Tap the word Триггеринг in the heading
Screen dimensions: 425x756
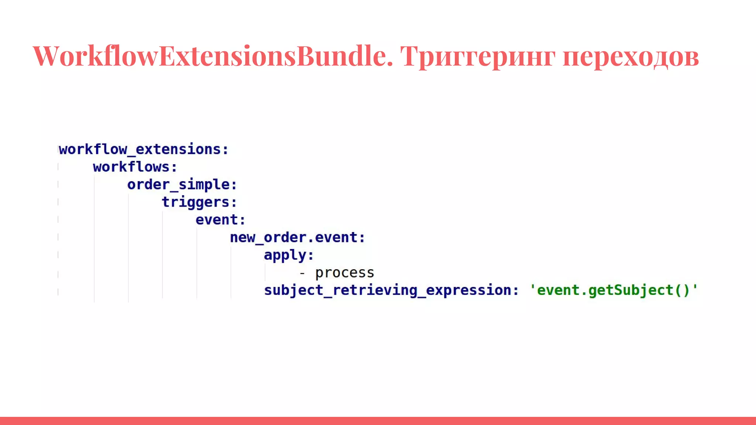click(478, 56)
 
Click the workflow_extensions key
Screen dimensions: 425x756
click(140, 149)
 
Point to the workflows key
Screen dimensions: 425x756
click(131, 167)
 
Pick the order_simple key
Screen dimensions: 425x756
click(179, 184)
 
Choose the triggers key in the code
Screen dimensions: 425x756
click(196, 202)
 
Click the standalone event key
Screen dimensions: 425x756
click(217, 220)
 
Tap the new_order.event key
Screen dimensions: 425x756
click(294, 238)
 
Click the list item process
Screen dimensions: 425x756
click(344, 273)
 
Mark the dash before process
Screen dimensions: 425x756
click(302, 273)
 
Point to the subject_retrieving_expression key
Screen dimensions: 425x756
click(388, 290)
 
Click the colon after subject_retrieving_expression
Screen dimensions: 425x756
click(516, 291)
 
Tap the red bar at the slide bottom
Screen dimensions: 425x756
click(378, 421)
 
